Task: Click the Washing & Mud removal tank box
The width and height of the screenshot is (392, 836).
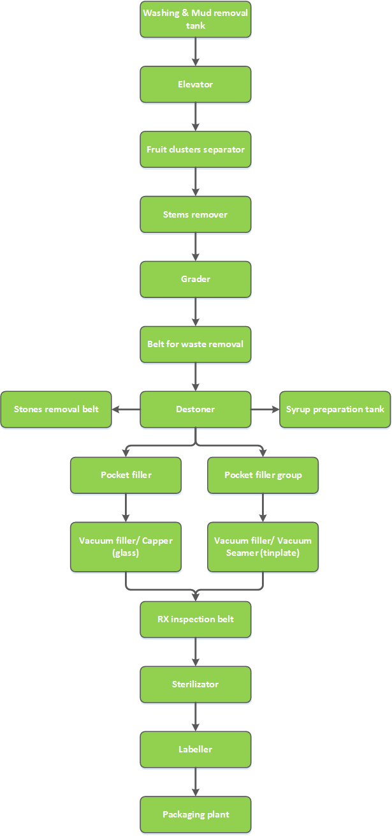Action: (x=196, y=19)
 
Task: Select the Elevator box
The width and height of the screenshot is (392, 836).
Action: (x=196, y=84)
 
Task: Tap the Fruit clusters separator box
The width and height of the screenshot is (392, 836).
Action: (x=196, y=149)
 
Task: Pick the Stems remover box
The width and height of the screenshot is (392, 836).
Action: (x=196, y=214)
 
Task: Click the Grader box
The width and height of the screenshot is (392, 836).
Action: (x=196, y=279)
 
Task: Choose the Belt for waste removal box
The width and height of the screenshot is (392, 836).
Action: (x=196, y=344)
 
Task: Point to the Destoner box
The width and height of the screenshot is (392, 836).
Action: (x=196, y=410)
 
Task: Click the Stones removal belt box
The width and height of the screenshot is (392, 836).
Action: (x=56, y=410)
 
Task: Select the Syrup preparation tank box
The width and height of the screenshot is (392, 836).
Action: (x=335, y=410)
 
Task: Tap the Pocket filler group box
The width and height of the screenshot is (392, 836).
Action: (x=263, y=475)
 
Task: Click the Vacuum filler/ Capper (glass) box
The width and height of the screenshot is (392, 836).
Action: (x=126, y=547)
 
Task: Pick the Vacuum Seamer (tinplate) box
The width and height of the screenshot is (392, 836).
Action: (x=263, y=547)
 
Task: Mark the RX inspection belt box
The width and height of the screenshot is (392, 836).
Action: (x=196, y=619)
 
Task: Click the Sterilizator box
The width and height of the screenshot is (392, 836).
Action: (x=196, y=684)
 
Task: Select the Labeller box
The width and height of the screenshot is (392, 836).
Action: (x=196, y=749)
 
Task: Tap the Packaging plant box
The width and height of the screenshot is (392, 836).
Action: (x=196, y=814)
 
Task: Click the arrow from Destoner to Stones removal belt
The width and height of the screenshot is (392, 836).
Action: (x=126, y=410)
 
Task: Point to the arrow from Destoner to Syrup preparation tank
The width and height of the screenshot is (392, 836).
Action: (x=265, y=410)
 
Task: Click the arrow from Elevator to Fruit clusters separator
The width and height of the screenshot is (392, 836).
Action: (x=196, y=117)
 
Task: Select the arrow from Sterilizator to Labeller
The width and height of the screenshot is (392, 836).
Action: (x=196, y=717)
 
